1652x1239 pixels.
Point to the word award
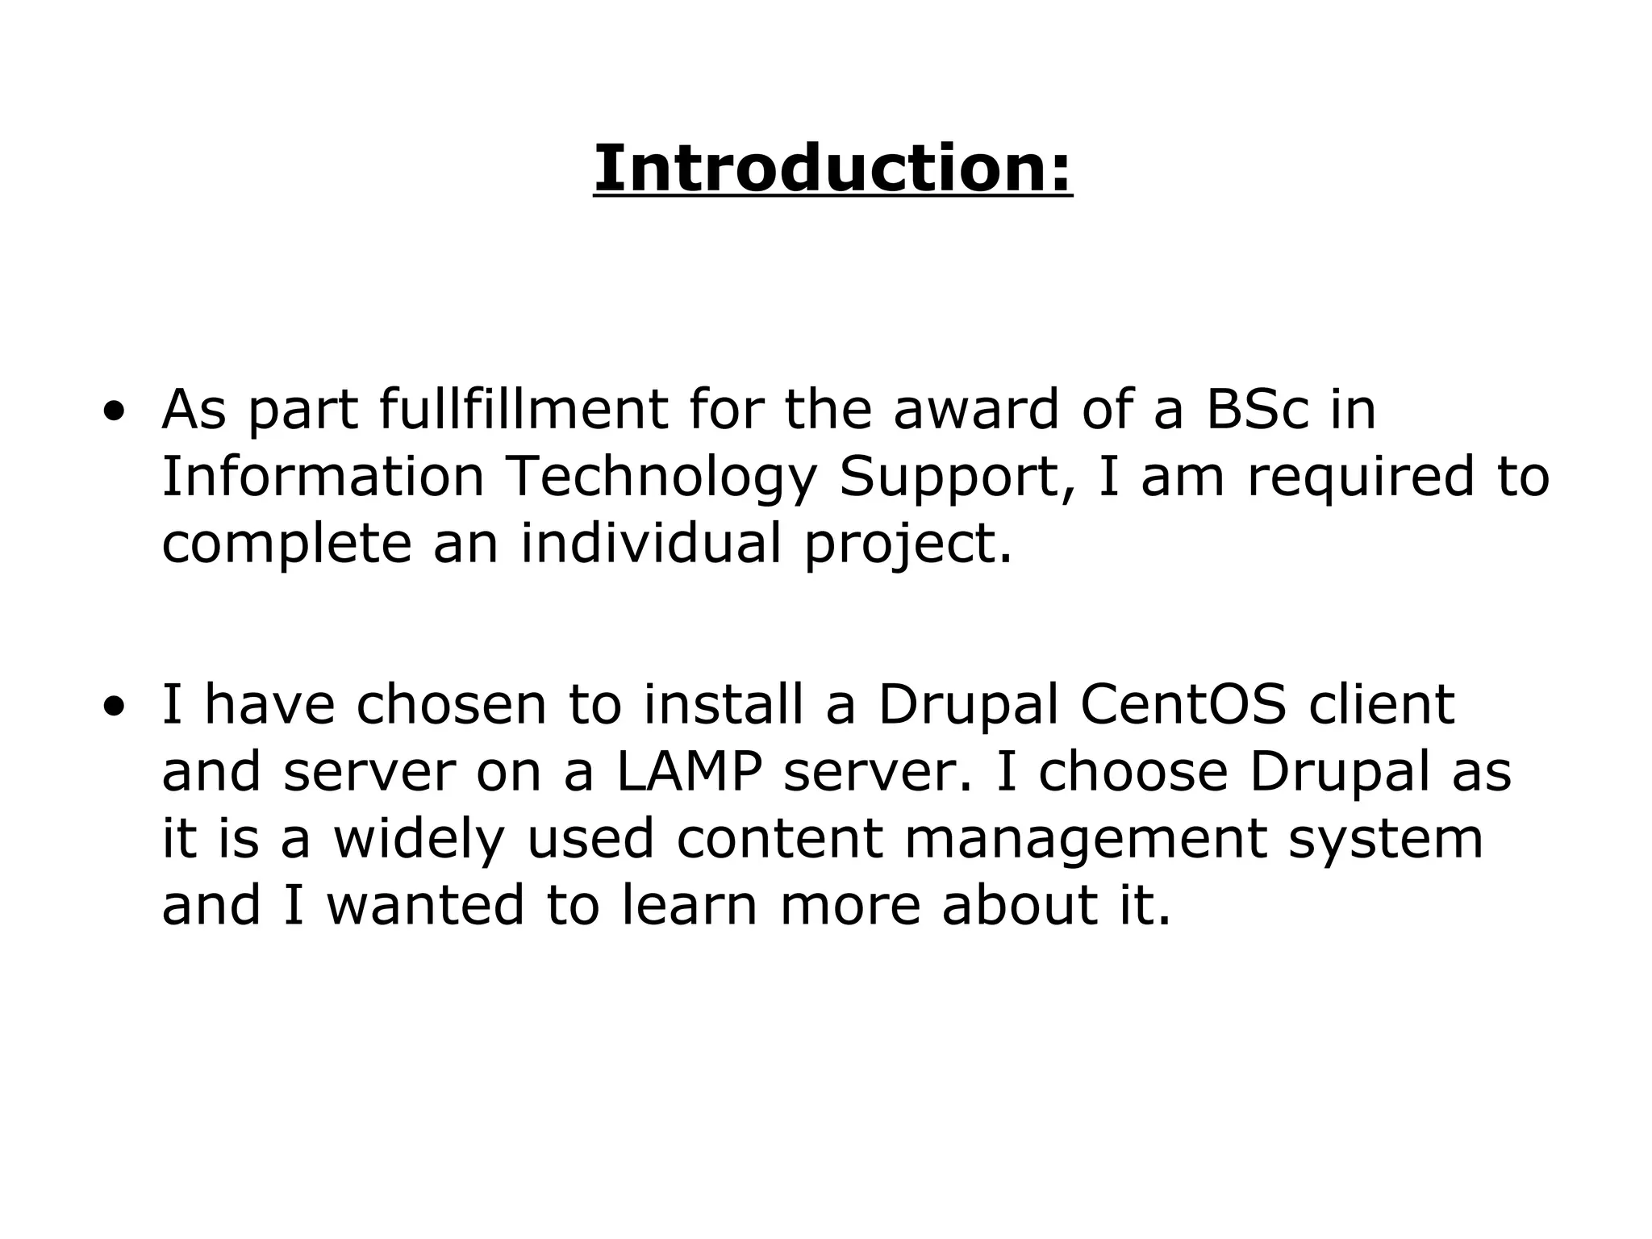click(x=976, y=409)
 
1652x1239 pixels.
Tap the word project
click(x=907, y=544)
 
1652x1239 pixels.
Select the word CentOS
click(x=1183, y=704)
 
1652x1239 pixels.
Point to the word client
click(x=1382, y=704)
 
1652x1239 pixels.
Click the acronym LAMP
click(x=689, y=772)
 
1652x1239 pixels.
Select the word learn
click(x=690, y=905)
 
